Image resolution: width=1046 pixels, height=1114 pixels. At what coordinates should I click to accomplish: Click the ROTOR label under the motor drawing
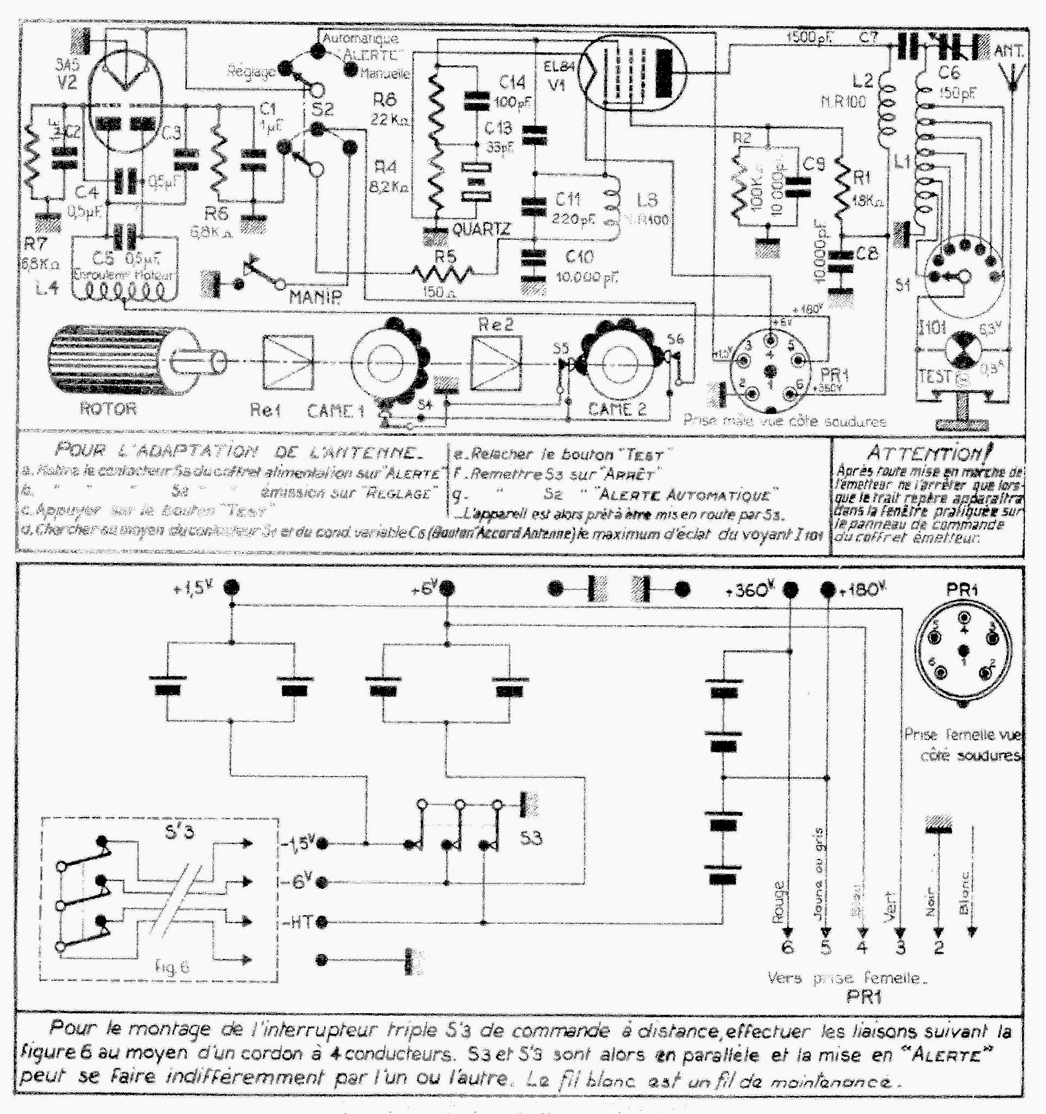(108, 408)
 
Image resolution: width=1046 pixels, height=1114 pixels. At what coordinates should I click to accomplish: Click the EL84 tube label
(558, 66)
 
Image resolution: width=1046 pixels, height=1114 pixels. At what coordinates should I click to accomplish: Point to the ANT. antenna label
(1008, 52)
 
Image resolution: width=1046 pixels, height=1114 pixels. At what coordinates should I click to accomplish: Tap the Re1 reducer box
(288, 362)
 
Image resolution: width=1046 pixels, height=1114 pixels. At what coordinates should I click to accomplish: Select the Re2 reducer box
(496, 363)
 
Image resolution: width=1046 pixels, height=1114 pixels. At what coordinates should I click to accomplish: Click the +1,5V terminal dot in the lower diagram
(231, 588)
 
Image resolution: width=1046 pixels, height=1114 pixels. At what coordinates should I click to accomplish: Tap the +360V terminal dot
(790, 590)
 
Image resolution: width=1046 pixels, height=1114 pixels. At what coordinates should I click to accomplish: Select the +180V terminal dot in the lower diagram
(827, 590)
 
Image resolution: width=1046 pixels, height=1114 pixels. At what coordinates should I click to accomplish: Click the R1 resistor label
(861, 178)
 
